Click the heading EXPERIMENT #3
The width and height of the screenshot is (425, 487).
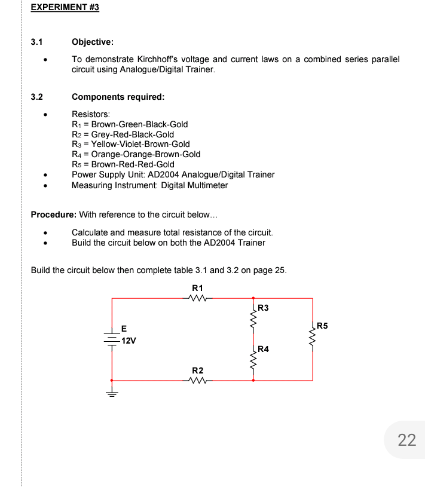point(65,8)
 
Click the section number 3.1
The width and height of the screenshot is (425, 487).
point(37,42)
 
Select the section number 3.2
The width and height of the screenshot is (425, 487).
point(37,97)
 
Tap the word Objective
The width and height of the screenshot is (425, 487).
point(92,42)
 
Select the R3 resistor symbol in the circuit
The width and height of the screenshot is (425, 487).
point(253,323)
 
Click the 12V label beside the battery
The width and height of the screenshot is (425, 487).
point(129,341)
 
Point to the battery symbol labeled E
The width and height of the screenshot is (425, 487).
point(112,339)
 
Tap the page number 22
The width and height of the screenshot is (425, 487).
point(406,440)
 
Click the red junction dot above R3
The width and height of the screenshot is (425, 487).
point(253,298)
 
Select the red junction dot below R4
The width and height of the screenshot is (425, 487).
point(253,380)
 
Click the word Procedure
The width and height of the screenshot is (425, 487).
point(52,214)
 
